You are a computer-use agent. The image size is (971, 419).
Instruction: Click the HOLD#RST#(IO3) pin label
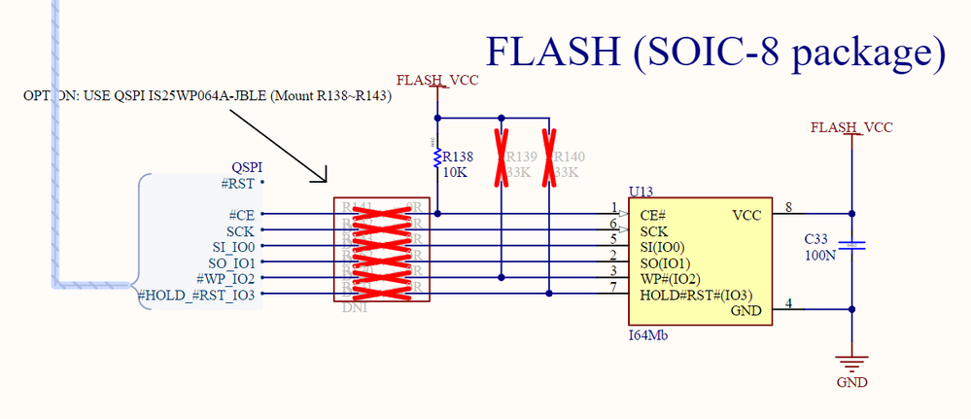pos(696,296)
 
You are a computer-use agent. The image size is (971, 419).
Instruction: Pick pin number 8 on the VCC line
pos(789,206)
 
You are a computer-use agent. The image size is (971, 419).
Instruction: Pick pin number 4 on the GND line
pos(789,303)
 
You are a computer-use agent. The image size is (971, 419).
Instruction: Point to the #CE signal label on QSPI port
pos(241,214)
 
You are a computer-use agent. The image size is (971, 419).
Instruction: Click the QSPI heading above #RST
pos(247,166)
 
